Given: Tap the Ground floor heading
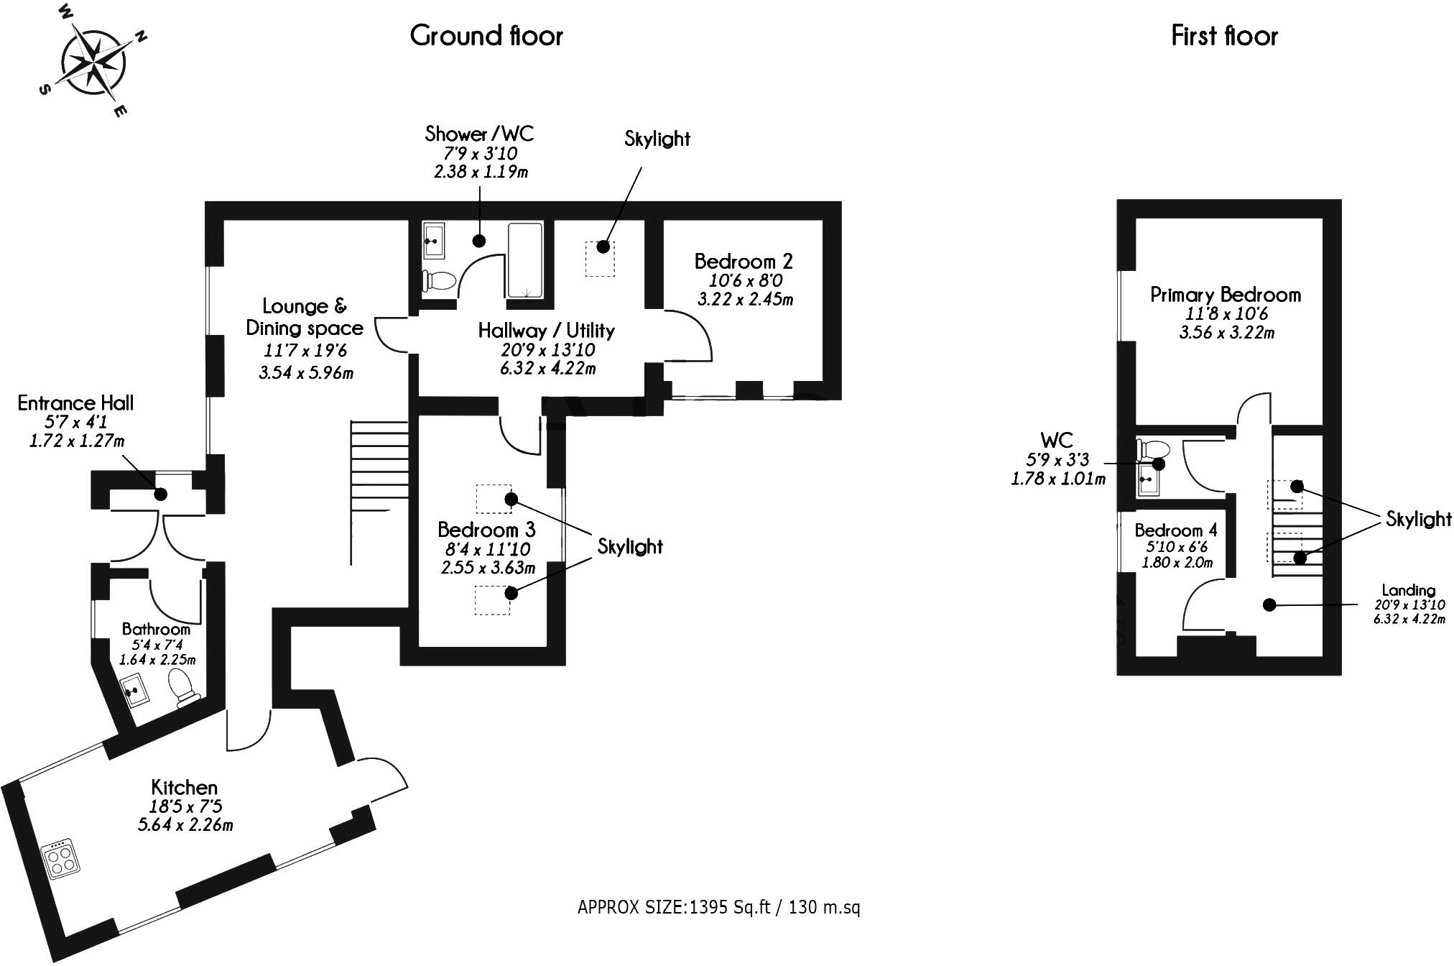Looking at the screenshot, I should pos(486,35).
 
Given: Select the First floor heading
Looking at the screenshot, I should pos(1224,35).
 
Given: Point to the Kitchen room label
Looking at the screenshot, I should pos(184,787).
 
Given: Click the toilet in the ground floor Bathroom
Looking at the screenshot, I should pos(182,686).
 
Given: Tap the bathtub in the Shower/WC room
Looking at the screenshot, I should pos(525,260).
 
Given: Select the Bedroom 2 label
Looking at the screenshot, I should pos(743,261).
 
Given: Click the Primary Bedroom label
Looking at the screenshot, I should pos(1225,295).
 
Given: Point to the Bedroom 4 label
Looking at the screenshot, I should pos(1176,530).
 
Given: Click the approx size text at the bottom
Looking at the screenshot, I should pos(718,907).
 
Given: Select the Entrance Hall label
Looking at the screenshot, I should pos(75,402).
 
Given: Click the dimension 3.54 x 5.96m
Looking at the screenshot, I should pos(306,372).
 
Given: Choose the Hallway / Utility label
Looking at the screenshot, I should pos(547,331).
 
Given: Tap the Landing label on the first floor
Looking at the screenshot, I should pos(1407,591).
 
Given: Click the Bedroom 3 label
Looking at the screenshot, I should pos(486,530).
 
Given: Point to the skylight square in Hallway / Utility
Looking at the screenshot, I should pos(600,258).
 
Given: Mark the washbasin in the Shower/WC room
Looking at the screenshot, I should pos(434,241).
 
